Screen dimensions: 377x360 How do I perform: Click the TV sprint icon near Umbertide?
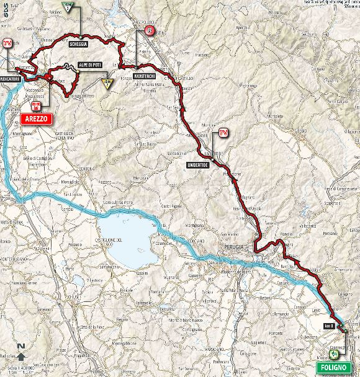point(223,132)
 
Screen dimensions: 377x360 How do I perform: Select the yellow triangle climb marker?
point(107,82)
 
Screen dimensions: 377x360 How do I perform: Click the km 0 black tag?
point(328,326)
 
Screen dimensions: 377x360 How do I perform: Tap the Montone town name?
point(207,125)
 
